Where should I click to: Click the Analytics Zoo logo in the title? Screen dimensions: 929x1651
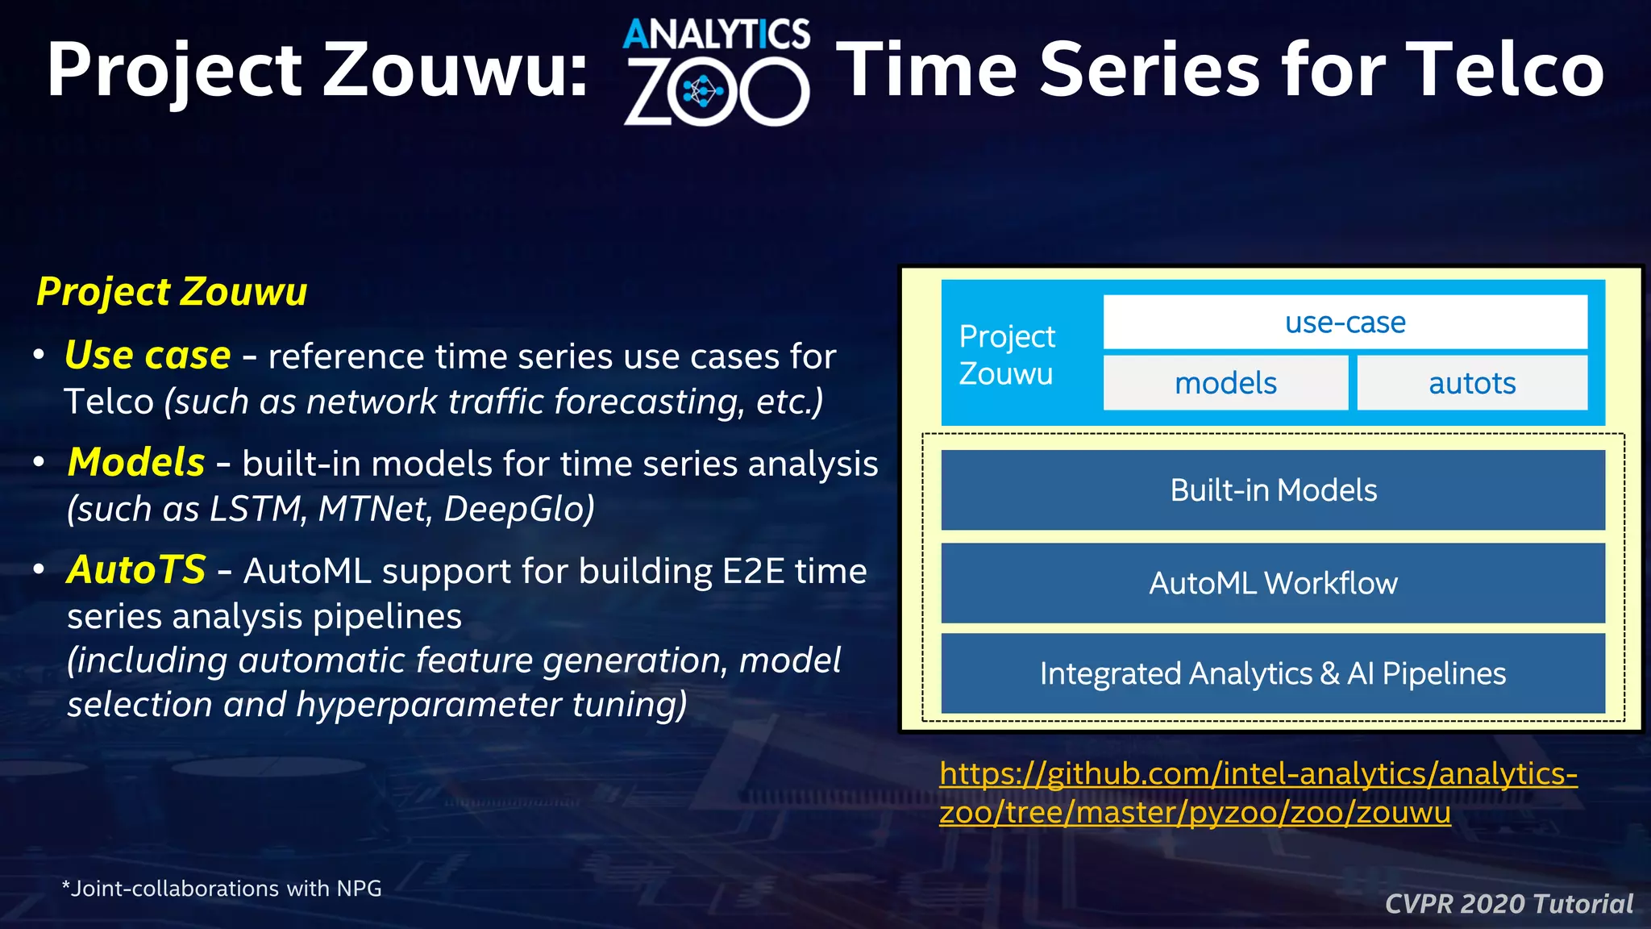[716, 73]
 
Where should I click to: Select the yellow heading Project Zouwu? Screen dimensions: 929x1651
[172, 291]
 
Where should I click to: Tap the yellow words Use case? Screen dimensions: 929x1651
[148, 355]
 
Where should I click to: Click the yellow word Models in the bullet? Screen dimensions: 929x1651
[136, 462]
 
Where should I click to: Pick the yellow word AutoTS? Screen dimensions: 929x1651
[136, 569]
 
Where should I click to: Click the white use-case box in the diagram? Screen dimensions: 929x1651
[1345, 323]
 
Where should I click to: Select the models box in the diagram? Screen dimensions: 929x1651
[1225, 383]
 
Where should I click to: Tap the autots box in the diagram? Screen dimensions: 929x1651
[1472, 383]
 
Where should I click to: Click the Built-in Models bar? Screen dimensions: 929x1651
[1273, 490]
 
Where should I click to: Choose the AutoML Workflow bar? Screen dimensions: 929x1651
[1273, 583]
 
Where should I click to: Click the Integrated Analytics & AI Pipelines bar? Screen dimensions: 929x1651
[1273, 673]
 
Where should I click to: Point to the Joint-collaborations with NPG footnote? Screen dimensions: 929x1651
[222, 889]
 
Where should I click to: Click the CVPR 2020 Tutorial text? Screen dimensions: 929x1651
[1508, 904]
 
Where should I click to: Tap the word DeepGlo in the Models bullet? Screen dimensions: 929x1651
[519, 509]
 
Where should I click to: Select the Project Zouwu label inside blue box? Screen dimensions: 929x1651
[1007, 355]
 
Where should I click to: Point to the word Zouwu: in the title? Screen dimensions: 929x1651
[455, 70]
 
